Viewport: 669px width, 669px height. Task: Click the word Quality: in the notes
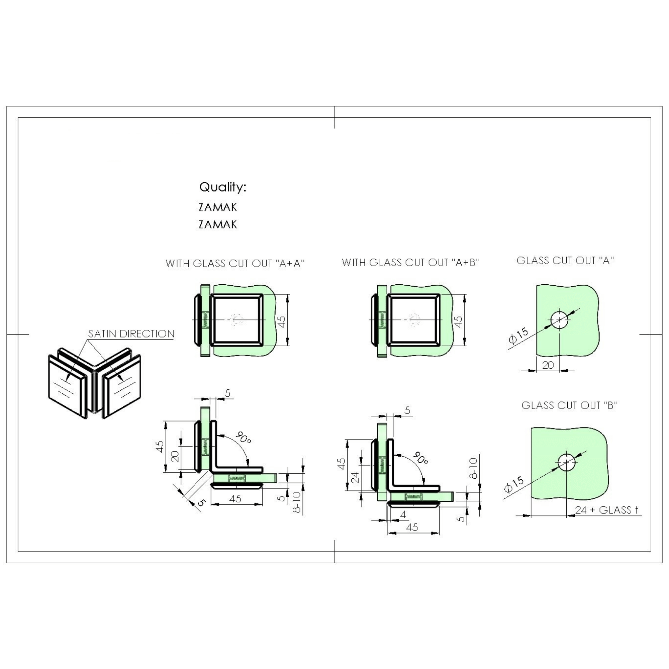tap(223, 187)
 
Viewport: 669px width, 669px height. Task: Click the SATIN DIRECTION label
tap(131, 334)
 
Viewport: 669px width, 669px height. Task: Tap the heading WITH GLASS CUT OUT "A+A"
tap(235, 264)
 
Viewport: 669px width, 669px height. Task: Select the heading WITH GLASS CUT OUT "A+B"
tap(410, 263)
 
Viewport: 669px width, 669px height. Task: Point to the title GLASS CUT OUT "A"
tap(565, 260)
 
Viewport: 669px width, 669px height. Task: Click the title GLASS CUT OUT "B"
tap(569, 405)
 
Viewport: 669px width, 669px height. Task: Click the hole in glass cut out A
tap(559, 319)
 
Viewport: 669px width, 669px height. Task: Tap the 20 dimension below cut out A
tap(548, 365)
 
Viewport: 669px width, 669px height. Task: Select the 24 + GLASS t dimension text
tap(607, 510)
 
